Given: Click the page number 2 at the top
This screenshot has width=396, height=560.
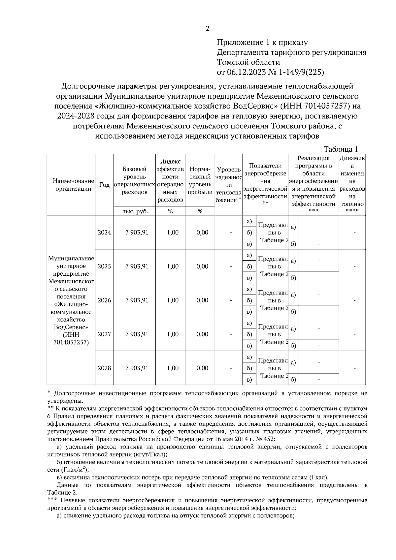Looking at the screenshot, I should (207, 29).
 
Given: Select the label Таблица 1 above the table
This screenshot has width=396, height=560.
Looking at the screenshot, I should (341, 149).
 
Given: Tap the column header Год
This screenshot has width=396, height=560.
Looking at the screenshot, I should (104, 185).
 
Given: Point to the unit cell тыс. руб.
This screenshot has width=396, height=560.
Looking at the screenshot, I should (135, 211).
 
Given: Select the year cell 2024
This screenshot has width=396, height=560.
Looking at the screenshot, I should (104, 233).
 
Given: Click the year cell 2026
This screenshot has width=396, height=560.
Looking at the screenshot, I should (104, 300).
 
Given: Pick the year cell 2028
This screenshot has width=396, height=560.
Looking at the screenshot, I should (104, 368).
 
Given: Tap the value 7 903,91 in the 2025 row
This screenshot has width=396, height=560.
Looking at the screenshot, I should (137, 266).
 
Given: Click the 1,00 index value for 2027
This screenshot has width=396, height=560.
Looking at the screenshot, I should (173, 334).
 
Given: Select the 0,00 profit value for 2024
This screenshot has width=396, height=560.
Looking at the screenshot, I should (202, 233).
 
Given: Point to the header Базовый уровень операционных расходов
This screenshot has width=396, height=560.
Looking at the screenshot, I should (135, 181).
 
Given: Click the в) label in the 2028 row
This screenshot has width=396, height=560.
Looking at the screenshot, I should (249, 380).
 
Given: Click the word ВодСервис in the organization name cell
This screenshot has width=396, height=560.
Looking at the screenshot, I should (71, 327).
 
